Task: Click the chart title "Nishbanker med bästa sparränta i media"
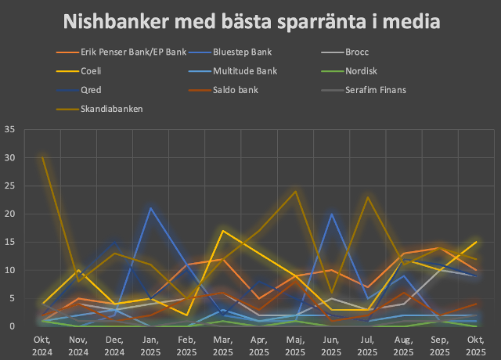pos(250,22)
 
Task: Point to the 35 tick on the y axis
pos(9,129)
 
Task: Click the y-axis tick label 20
pos(9,214)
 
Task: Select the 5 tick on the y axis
pos(12,298)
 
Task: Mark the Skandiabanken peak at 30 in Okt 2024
pos(42,157)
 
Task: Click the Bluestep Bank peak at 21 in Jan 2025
pos(150,208)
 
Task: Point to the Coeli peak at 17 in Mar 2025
pos(223,231)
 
